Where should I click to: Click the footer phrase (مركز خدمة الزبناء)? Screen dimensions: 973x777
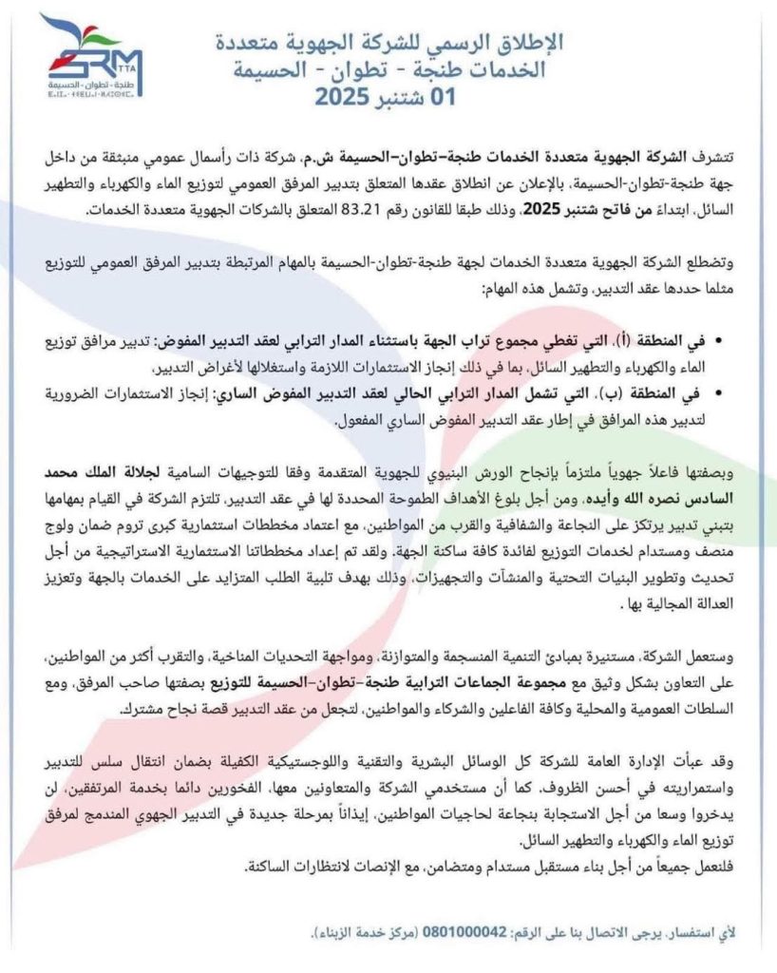pos(360,934)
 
